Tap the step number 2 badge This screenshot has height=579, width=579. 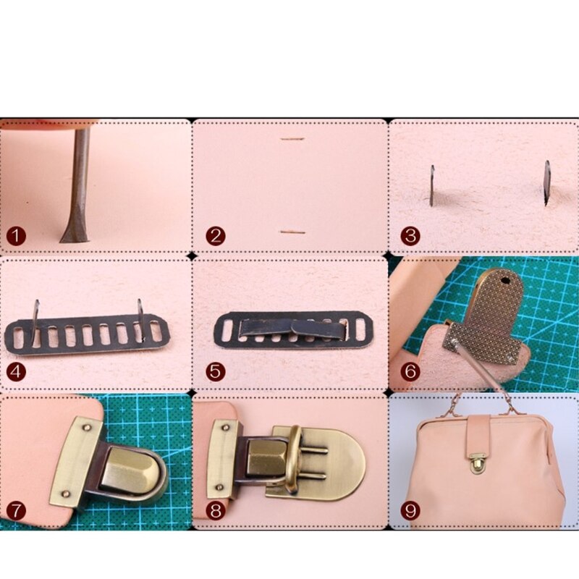pos(214,237)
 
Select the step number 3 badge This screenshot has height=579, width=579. pos(410,237)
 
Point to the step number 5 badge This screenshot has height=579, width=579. pos(214,373)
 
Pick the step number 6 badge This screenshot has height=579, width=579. pos(410,373)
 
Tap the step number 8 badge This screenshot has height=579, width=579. pos(214,510)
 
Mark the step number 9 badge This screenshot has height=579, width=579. pos(410,510)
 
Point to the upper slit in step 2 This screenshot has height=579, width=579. pos(292,139)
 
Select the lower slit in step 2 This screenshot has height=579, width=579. pos(292,232)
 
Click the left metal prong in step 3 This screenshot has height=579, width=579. pos(431,185)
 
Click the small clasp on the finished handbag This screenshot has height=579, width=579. pos(476,465)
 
